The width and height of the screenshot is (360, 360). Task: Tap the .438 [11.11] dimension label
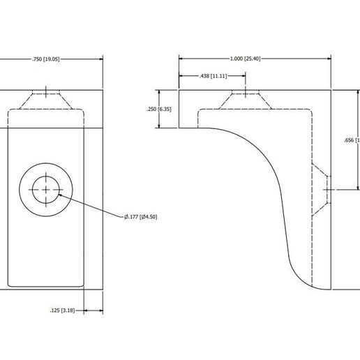click(213, 75)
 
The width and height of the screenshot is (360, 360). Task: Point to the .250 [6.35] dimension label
click(158, 109)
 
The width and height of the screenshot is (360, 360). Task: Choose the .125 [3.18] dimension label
click(63, 310)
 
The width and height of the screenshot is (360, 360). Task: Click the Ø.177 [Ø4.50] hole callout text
click(141, 217)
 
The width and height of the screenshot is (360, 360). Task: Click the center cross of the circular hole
click(46, 190)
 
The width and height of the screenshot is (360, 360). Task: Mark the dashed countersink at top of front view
click(46, 100)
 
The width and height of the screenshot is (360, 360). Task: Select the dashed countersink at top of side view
click(245, 100)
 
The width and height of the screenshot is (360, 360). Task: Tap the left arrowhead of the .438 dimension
click(181, 75)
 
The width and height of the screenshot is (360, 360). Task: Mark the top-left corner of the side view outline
click(179, 90)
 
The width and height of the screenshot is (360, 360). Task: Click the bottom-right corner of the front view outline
click(103, 289)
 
